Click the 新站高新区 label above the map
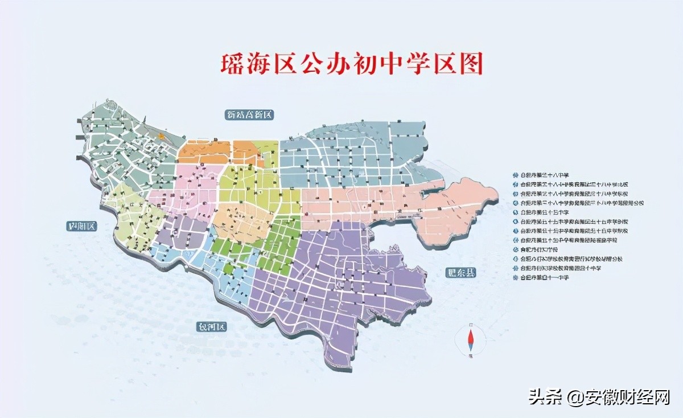[x=250, y=115]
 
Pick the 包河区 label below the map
[x=212, y=327]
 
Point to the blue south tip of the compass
[x=471, y=349]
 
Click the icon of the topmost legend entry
[x=516, y=175]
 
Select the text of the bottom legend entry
[x=549, y=277]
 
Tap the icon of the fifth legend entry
[x=516, y=212]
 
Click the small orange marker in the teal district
[x=162, y=136]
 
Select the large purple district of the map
[x=341, y=285]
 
